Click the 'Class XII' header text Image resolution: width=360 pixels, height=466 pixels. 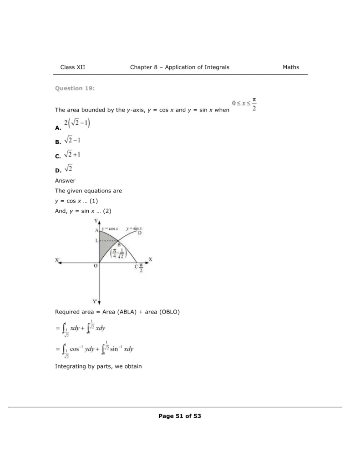(x=72, y=67)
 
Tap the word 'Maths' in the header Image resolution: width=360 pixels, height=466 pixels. (x=291, y=67)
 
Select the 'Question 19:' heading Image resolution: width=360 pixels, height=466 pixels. (x=75, y=88)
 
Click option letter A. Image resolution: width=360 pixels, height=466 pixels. (x=58, y=128)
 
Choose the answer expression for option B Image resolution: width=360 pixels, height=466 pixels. (x=72, y=141)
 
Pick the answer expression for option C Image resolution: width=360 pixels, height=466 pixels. (x=72, y=155)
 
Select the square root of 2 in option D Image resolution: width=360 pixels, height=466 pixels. (x=69, y=169)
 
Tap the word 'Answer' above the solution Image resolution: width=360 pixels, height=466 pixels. (x=65, y=180)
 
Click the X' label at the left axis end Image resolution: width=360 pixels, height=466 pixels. (x=58, y=260)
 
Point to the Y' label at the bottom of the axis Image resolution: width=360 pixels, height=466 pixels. (x=95, y=301)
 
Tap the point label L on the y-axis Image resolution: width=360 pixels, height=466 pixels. (x=96, y=240)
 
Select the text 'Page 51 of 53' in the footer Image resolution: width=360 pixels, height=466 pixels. (x=180, y=416)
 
